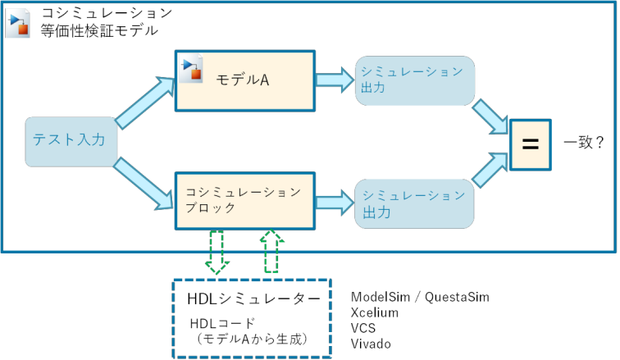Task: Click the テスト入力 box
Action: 71,142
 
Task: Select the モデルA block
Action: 245,80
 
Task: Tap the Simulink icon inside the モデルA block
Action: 191,69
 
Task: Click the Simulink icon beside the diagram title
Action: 18,23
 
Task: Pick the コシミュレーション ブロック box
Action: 245,201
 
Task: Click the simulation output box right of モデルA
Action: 415,80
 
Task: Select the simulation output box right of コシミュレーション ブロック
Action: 414,204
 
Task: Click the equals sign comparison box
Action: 531,144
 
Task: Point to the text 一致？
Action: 584,142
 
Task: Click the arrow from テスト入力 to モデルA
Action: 145,102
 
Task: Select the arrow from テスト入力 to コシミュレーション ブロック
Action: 144,184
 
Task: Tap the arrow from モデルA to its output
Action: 335,80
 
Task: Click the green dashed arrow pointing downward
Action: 217,252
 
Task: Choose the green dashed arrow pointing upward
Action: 271,251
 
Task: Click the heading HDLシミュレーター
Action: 253,298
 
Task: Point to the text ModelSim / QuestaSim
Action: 420,297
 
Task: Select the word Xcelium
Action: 375,312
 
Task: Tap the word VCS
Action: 363,328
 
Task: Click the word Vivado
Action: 371,344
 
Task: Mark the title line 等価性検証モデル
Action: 99,30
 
